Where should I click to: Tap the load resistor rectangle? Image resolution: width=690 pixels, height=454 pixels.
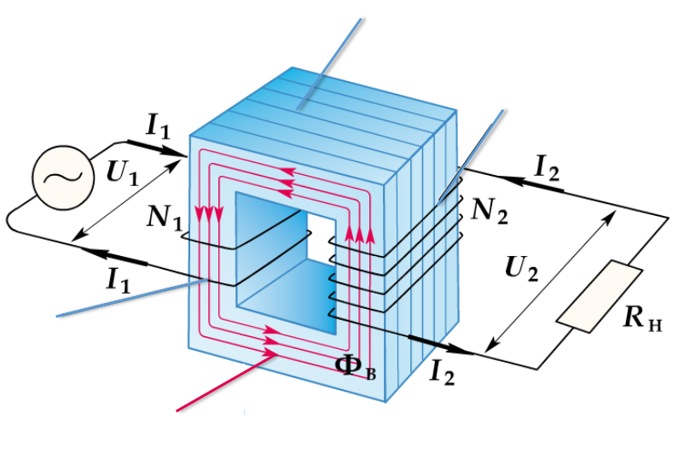pyautogui.click(x=599, y=298)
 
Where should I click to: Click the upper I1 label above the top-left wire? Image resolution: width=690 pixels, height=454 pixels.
pyautogui.click(x=158, y=127)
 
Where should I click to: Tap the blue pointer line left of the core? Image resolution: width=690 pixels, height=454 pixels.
pyautogui.click(x=128, y=299)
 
